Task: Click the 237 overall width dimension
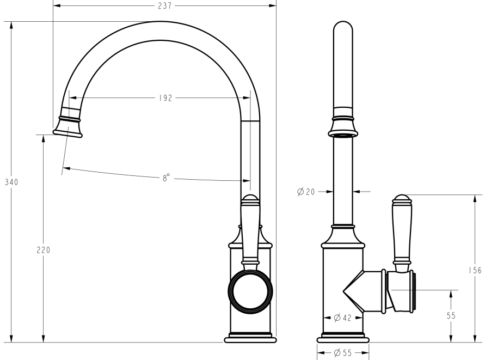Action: [164, 6]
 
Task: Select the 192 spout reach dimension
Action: [165, 98]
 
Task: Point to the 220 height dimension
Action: [44, 250]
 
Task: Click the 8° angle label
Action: [165, 178]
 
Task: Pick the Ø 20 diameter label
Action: [307, 191]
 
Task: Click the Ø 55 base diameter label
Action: [343, 352]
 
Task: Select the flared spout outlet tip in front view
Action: [68, 130]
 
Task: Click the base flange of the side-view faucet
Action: [343, 339]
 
